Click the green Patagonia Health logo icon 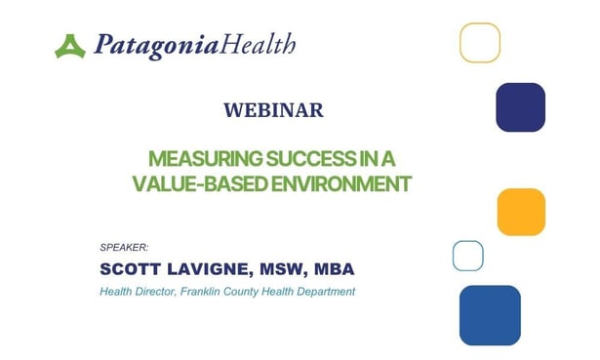pos(70,45)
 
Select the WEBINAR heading pos(273,110)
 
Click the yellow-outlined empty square pos(480,43)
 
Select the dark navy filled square pos(520,107)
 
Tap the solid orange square pos(521,212)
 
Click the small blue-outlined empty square pos(467,256)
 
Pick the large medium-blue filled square pos(490,315)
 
